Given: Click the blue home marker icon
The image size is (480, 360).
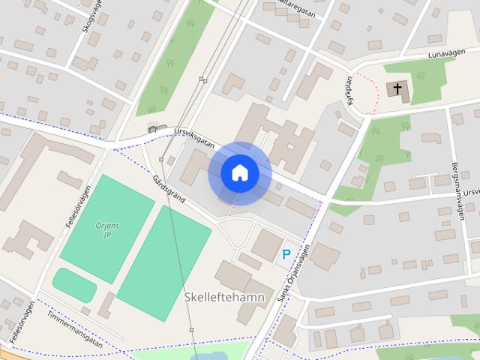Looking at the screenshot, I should (239, 173).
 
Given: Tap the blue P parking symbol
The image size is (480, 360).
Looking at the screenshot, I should (286, 254).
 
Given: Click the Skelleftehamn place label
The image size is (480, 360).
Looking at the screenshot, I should (224, 298).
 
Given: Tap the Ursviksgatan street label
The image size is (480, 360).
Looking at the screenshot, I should (193, 133).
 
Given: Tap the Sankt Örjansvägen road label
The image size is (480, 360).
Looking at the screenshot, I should (293, 275).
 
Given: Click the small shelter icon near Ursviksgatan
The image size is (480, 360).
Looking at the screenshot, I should (154, 127).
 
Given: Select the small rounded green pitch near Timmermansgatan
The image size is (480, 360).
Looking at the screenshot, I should (73, 284).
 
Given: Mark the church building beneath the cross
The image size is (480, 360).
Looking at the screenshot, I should (397, 91).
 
